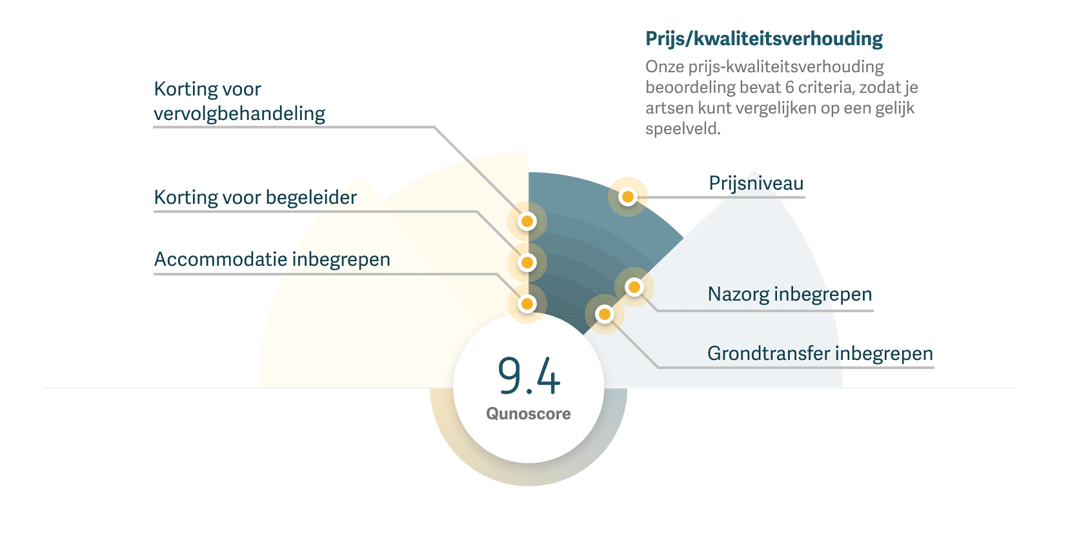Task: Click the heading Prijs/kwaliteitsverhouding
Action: click(764, 39)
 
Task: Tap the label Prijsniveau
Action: click(756, 183)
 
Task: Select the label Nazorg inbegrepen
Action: click(789, 294)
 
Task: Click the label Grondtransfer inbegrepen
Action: click(820, 354)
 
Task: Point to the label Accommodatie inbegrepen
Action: click(272, 259)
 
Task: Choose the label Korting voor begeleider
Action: click(255, 197)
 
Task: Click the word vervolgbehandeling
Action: click(239, 114)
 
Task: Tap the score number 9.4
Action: click(529, 375)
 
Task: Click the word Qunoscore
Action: click(528, 413)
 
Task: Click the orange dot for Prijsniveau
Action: click(627, 197)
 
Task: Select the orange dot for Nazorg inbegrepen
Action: click(634, 287)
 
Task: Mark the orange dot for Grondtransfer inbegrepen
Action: click(605, 314)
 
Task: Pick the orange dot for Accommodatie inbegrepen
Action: click(527, 304)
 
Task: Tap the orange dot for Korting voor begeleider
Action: click(527, 263)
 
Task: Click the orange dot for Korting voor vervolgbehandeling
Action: click(527, 222)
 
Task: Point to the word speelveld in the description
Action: click(682, 129)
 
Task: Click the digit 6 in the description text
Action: click(790, 88)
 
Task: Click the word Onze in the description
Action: click(664, 67)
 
